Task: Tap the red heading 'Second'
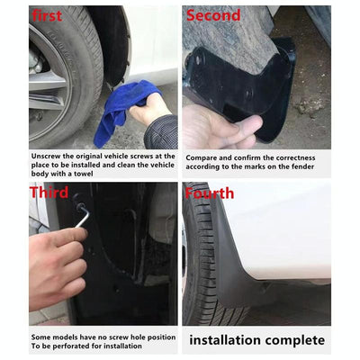213,15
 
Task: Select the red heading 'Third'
49,192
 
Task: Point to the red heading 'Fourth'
210,193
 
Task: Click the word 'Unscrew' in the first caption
49,155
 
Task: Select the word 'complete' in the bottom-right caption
295,340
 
